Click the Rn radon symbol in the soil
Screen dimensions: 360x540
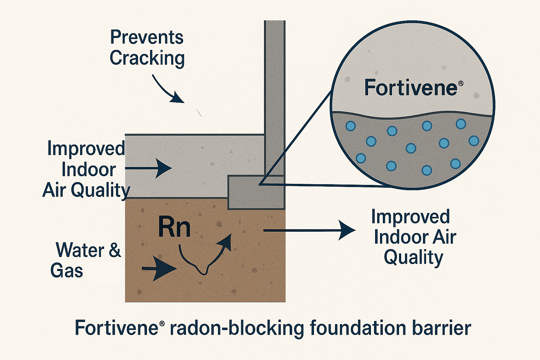tap(174, 227)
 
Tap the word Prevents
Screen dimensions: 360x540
tap(147, 37)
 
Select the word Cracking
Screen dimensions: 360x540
tap(147, 58)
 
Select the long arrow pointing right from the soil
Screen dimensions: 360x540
tap(309, 230)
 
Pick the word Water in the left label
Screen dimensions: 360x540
tap(80, 250)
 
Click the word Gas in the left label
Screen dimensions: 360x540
tap(67, 271)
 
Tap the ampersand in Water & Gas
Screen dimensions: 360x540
tap(115, 250)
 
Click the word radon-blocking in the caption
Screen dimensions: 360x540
tap(237, 328)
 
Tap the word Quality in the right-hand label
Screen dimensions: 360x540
tap(413, 258)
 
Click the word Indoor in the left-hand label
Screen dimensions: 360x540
tap(89, 170)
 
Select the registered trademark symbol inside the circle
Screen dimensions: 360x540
tap(461, 83)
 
